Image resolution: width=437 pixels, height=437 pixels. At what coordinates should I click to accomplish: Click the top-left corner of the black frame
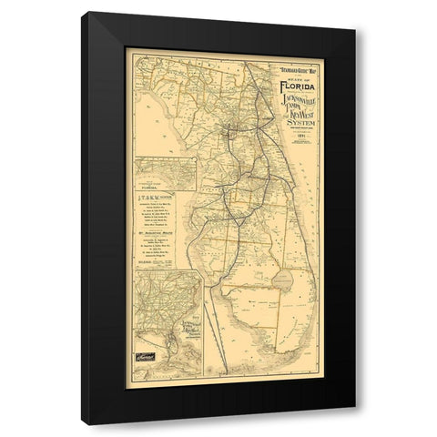point(82,12)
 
